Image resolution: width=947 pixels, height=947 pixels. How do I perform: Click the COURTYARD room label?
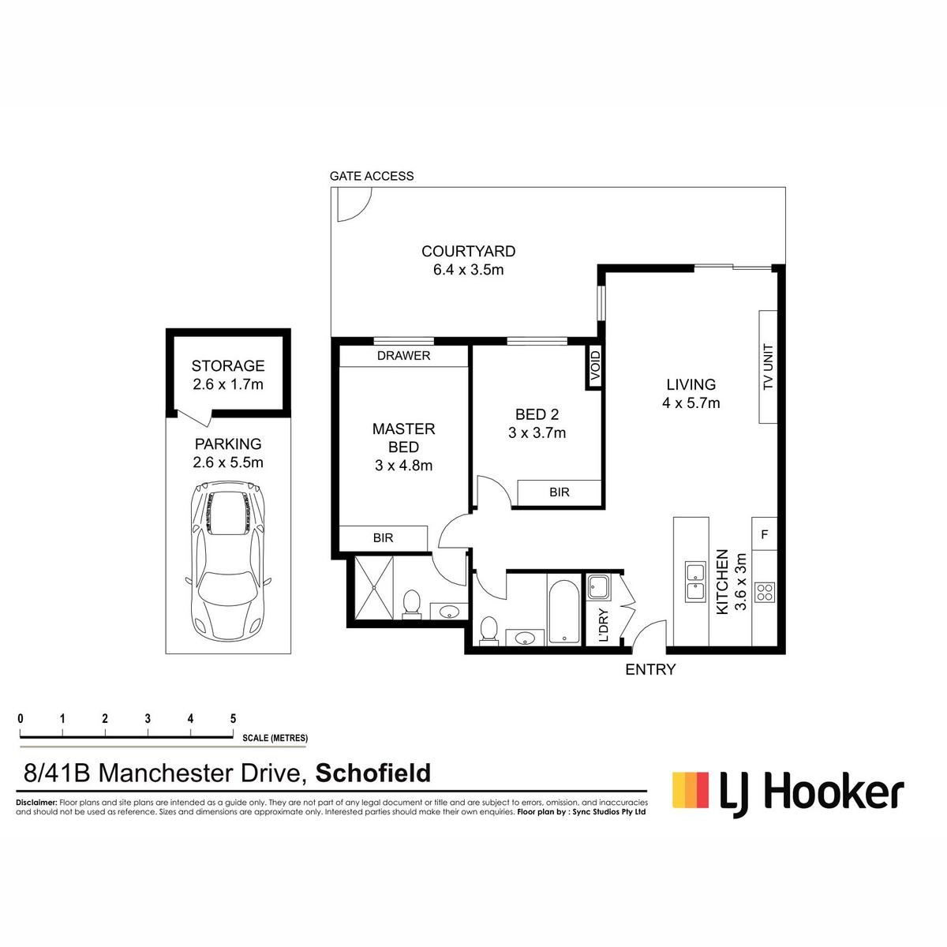(x=468, y=251)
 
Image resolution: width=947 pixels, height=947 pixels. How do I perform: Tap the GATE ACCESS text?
(x=372, y=176)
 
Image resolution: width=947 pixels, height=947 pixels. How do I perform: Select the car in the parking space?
(x=227, y=561)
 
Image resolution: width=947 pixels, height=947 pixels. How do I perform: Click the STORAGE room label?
(x=228, y=365)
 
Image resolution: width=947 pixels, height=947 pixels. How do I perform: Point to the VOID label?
(x=595, y=365)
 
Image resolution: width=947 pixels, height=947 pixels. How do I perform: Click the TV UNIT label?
(x=768, y=367)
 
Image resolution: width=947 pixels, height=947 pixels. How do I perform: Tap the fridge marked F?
(x=764, y=533)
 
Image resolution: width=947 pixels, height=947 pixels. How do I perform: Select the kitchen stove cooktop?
(x=764, y=592)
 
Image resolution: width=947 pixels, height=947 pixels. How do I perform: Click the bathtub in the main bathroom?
(x=563, y=612)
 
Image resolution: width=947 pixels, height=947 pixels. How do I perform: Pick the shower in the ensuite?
(x=373, y=588)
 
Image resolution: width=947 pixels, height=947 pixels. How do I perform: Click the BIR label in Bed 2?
(x=560, y=492)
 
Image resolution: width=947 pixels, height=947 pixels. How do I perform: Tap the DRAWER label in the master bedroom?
(x=403, y=356)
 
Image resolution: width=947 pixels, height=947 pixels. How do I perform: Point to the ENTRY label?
(x=650, y=669)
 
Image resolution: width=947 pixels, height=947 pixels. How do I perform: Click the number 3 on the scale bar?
(x=148, y=718)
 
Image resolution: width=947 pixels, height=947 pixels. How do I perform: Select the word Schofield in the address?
(x=373, y=773)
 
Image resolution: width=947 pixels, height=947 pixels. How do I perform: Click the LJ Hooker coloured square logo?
(x=691, y=790)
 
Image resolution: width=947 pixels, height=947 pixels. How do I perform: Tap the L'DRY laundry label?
(x=604, y=625)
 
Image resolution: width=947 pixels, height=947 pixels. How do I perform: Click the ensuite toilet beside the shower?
(x=411, y=604)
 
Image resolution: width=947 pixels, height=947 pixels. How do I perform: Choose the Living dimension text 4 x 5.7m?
(x=691, y=403)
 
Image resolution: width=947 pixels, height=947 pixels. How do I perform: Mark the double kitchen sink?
(x=696, y=583)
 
